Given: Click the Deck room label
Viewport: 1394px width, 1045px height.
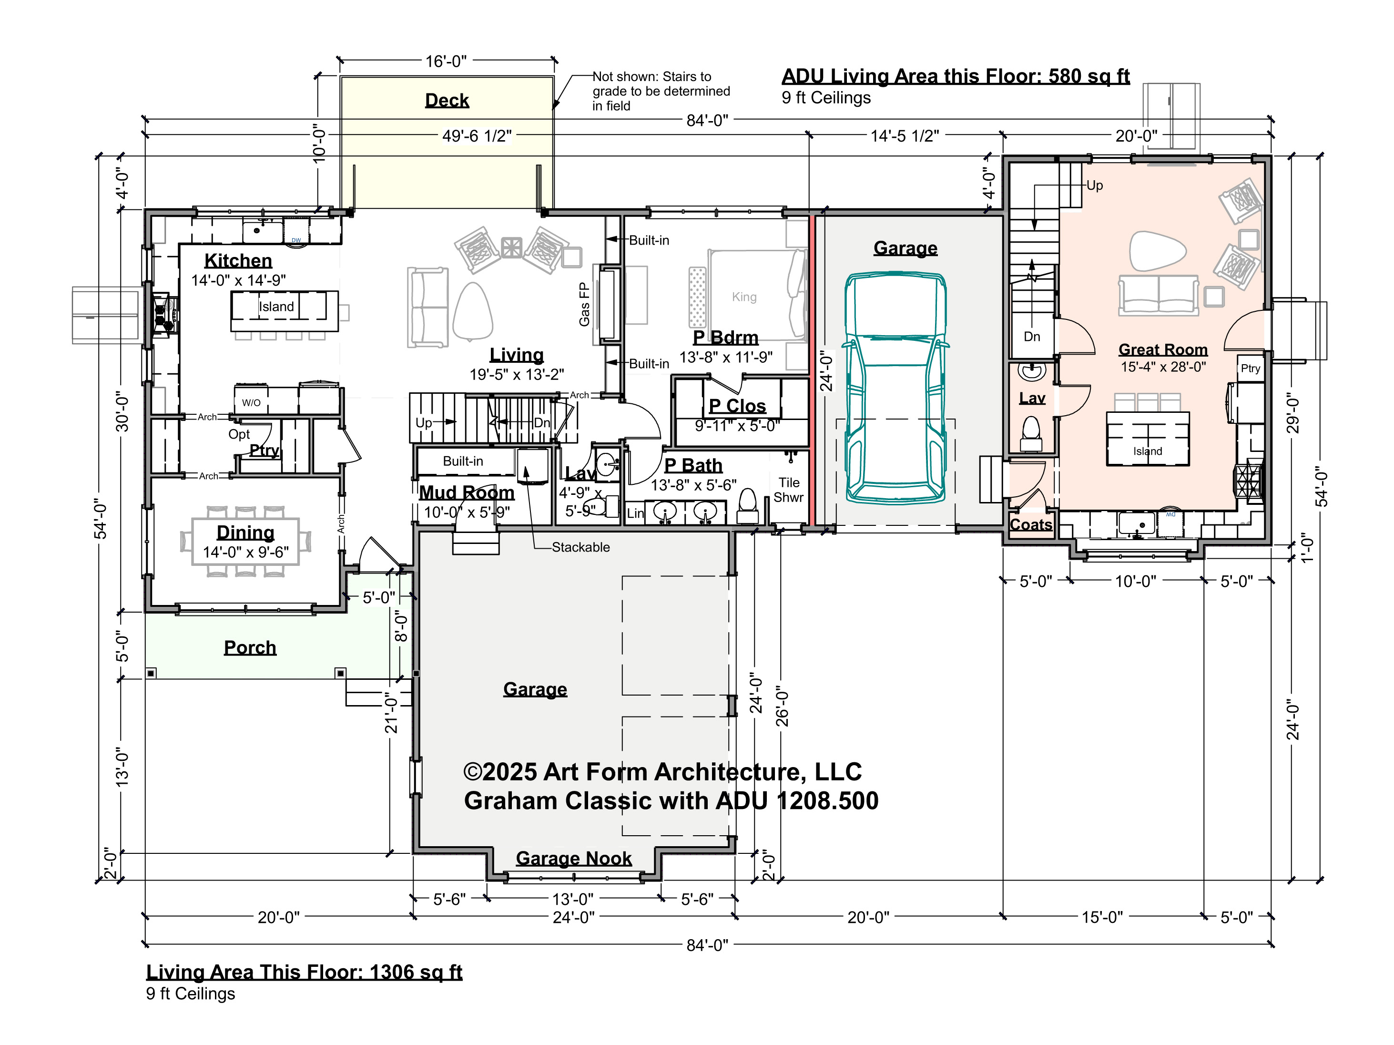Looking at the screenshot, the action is (x=447, y=100).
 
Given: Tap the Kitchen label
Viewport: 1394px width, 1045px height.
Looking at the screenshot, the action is (x=238, y=260).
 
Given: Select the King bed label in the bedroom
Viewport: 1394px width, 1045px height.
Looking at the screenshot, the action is (x=744, y=297).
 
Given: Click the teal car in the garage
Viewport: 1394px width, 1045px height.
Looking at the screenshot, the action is (x=895, y=387).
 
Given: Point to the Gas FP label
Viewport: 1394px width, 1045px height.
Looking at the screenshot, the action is (x=584, y=305).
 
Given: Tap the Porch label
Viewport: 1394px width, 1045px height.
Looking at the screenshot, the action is (x=250, y=647).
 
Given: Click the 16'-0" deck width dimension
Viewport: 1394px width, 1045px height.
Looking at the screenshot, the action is (x=446, y=61).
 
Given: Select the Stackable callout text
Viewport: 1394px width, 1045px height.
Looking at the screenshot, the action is (x=580, y=547).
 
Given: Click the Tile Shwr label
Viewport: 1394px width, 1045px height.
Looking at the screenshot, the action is (x=788, y=490).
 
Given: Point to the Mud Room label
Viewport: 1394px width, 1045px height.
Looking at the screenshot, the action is (x=467, y=492).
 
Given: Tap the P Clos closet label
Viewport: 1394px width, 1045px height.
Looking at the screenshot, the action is (x=737, y=406).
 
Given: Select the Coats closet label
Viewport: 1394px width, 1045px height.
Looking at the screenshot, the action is (x=1031, y=524).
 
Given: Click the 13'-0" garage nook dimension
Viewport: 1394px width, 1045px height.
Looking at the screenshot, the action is (x=573, y=899).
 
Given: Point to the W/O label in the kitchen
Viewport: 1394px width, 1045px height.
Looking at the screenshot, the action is (x=251, y=403).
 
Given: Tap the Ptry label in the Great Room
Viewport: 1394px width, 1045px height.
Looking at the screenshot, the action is (x=1251, y=369).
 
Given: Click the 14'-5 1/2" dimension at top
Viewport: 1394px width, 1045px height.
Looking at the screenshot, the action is (x=905, y=136).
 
